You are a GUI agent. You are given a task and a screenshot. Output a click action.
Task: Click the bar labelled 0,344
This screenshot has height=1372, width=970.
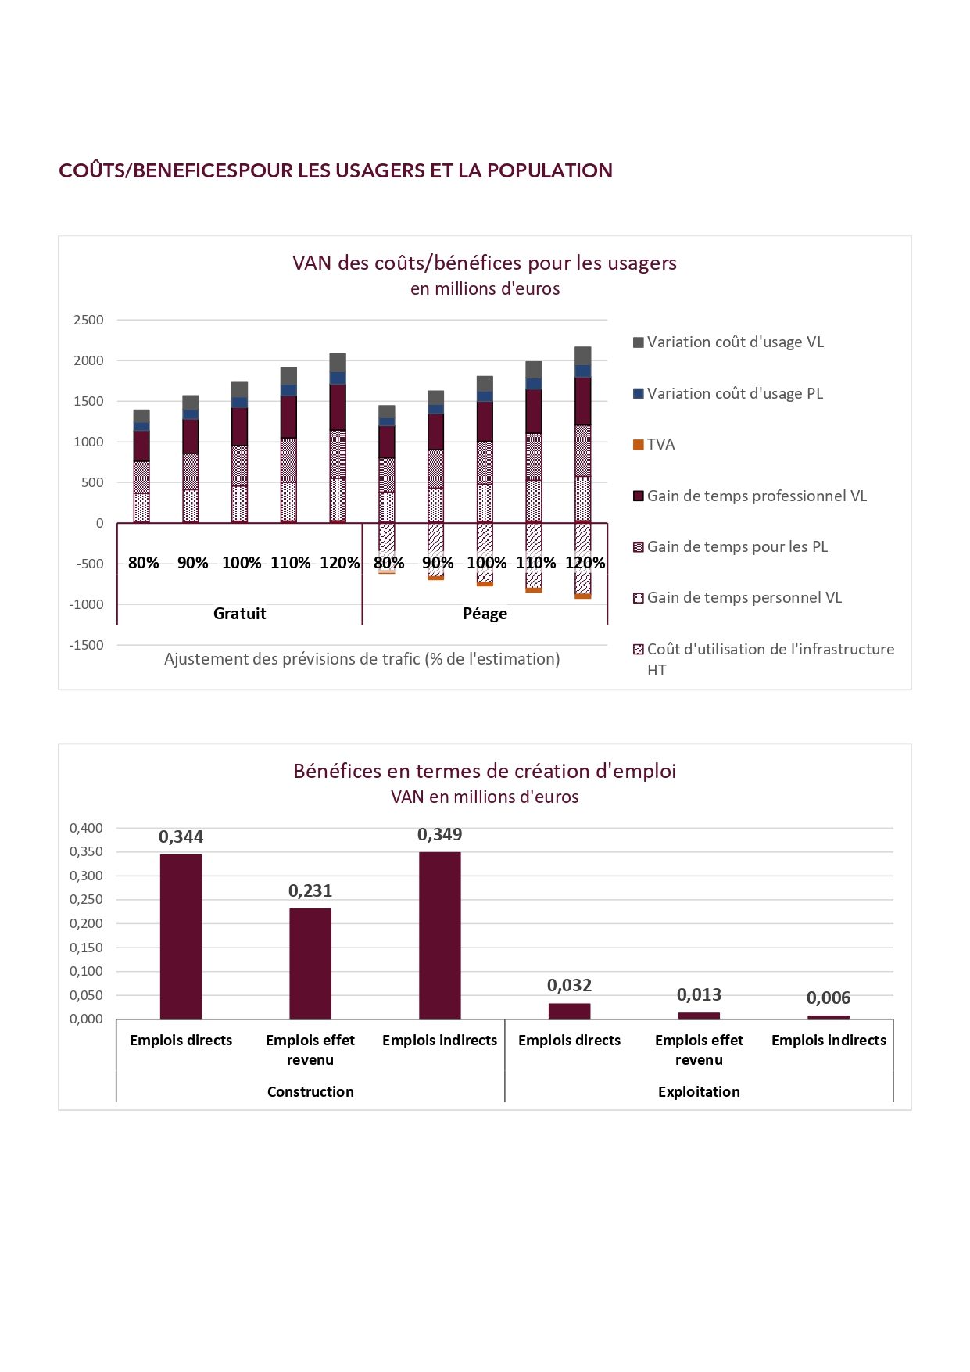(x=181, y=937)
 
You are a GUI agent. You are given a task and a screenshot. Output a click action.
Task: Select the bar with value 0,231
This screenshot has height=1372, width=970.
(x=310, y=964)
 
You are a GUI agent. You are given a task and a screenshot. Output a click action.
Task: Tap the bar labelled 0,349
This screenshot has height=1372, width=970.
(x=440, y=936)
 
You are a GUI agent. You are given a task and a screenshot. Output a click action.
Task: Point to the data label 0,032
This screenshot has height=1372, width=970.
(x=569, y=985)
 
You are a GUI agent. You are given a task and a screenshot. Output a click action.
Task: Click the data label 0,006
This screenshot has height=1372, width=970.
(x=829, y=998)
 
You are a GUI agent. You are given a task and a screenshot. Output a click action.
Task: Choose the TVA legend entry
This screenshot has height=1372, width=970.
(x=654, y=444)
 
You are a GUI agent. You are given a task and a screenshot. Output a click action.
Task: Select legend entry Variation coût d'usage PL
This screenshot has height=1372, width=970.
(x=728, y=393)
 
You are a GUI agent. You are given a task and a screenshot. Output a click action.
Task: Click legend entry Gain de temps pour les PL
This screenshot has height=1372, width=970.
(x=730, y=546)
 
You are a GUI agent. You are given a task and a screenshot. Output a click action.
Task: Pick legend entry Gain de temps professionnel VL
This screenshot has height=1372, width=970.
(x=750, y=496)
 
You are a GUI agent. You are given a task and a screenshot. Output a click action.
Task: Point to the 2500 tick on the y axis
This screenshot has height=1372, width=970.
(x=88, y=320)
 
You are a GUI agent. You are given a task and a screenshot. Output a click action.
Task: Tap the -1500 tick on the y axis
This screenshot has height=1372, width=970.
(x=87, y=645)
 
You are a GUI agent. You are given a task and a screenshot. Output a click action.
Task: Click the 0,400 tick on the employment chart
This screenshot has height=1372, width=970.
(x=86, y=828)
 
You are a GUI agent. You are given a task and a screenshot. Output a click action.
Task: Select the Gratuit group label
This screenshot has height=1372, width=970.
(x=240, y=614)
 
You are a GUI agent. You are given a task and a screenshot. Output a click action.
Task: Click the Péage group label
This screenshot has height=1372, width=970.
(x=485, y=614)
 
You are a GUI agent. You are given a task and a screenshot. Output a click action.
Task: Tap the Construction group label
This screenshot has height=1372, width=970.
(x=310, y=1091)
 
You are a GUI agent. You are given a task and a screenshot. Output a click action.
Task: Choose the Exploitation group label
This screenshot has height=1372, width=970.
(x=699, y=1091)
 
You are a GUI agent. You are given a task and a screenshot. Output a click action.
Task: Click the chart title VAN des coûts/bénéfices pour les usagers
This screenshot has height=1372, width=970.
(x=485, y=263)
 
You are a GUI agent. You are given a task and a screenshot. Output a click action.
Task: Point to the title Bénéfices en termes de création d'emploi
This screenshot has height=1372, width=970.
(x=485, y=771)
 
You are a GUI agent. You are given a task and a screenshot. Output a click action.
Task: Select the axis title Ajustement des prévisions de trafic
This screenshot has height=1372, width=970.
(x=362, y=659)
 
